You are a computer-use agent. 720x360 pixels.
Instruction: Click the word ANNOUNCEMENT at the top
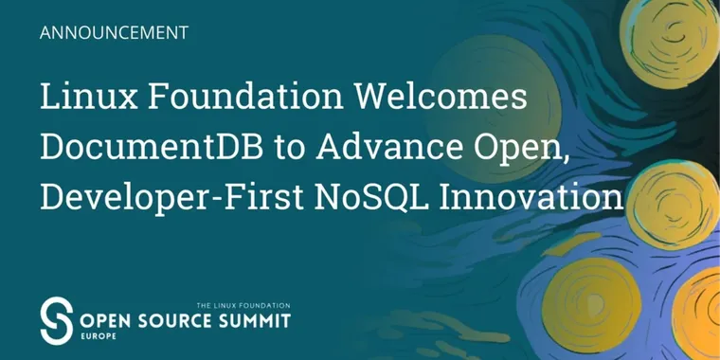click(x=115, y=31)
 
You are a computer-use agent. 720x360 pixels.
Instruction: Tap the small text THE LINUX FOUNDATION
click(x=243, y=305)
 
